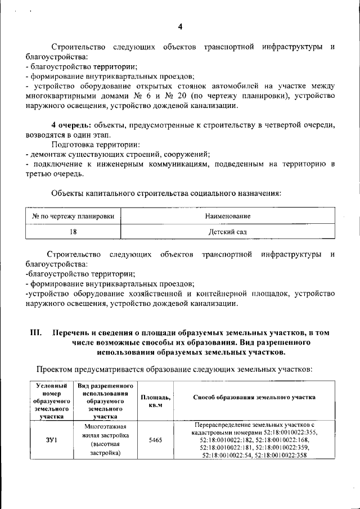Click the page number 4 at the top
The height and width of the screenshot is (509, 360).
click(180, 27)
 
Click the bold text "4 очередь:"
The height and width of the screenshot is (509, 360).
click(69, 125)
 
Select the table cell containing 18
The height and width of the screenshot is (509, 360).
click(73, 231)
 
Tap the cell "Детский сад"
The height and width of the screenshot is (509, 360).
click(228, 231)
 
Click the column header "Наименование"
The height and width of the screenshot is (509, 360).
click(228, 216)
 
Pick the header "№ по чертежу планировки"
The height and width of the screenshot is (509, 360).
click(73, 216)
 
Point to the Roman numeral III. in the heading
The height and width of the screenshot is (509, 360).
click(36, 333)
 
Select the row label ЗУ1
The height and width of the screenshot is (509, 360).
click(51, 440)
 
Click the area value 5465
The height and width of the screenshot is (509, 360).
click(156, 440)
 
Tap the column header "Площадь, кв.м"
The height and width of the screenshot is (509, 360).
click(156, 402)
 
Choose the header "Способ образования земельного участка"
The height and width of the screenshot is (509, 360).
click(254, 397)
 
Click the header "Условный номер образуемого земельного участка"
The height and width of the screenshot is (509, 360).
click(51, 402)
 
